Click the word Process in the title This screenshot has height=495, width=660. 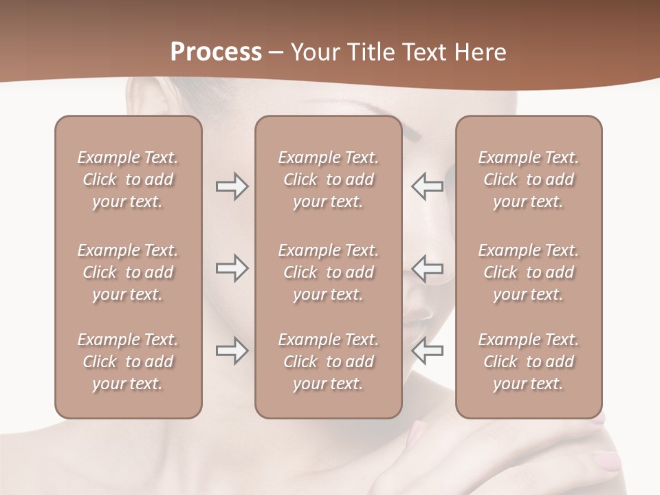[x=216, y=52]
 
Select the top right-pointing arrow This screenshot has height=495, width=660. [x=232, y=186]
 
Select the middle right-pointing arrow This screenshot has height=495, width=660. [x=232, y=268]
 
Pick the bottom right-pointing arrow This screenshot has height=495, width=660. [x=232, y=351]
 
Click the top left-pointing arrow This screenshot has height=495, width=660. [x=427, y=186]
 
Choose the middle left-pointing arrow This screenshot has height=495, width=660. [x=427, y=268]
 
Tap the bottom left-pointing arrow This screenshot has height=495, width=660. [x=427, y=351]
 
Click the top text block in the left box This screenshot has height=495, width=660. [x=128, y=179]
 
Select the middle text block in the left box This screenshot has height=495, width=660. [x=128, y=272]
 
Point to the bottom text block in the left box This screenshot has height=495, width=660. [x=128, y=362]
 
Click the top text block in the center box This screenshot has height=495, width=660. [x=328, y=179]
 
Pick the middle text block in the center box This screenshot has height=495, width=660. [x=328, y=272]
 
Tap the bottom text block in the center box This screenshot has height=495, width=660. [x=328, y=362]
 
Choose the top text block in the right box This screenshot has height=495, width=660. [x=528, y=179]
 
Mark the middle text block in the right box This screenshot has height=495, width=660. [x=528, y=272]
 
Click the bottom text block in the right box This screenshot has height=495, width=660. [x=528, y=362]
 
